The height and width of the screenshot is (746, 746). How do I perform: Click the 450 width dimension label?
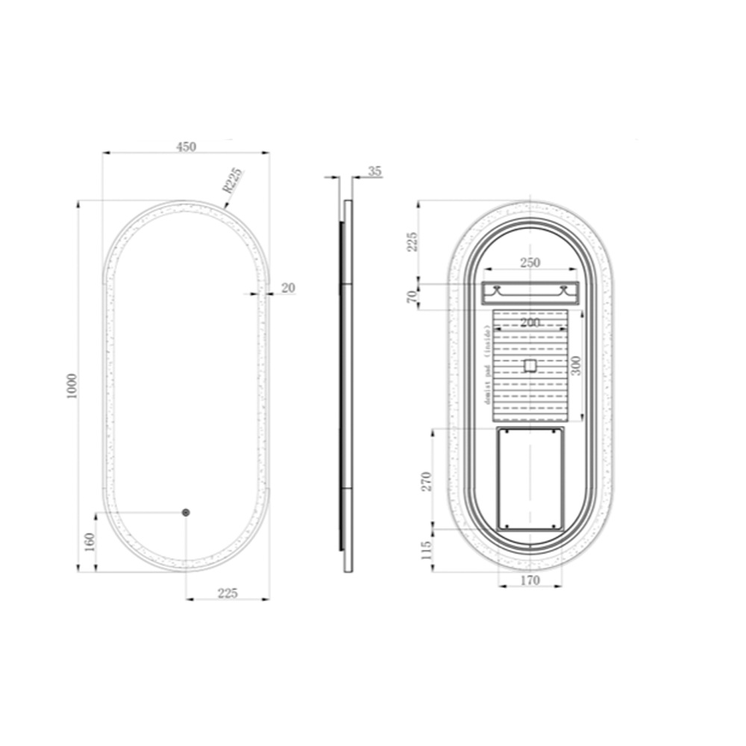(x=186, y=146)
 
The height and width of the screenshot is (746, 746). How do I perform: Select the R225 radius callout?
(x=233, y=180)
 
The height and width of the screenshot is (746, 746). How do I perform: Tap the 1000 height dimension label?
(x=72, y=386)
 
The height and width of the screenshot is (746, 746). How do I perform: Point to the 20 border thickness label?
(x=288, y=288)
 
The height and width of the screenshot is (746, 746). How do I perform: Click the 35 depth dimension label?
(x=375, y=172)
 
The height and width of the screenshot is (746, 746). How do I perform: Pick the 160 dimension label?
(x=90, y=542)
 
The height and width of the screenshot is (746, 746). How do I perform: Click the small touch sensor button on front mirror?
(x=186, y=513)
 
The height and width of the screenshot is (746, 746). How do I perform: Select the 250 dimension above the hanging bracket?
(x=530, y=263)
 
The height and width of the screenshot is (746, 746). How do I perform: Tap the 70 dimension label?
(x=412, y=296)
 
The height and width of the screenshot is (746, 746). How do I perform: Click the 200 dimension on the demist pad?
(x=530, y=322)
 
